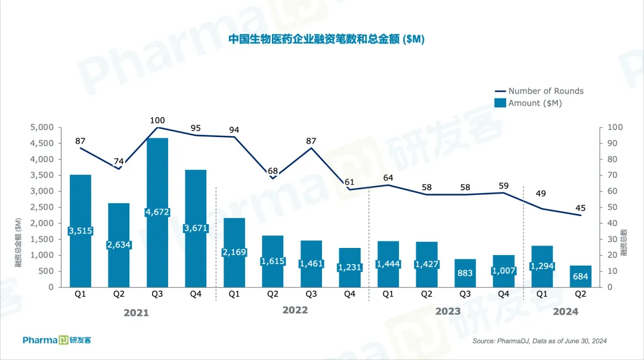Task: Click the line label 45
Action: coord(580,208)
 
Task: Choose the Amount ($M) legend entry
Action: coord(535,103)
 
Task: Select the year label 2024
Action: coord(565,311)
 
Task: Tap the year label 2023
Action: coord(448,311)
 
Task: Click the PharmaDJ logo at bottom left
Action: coord(57,340)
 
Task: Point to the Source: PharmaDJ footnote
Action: coord(539,341)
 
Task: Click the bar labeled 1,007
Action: coord(503,271)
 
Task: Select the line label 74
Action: coord(119,162)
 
